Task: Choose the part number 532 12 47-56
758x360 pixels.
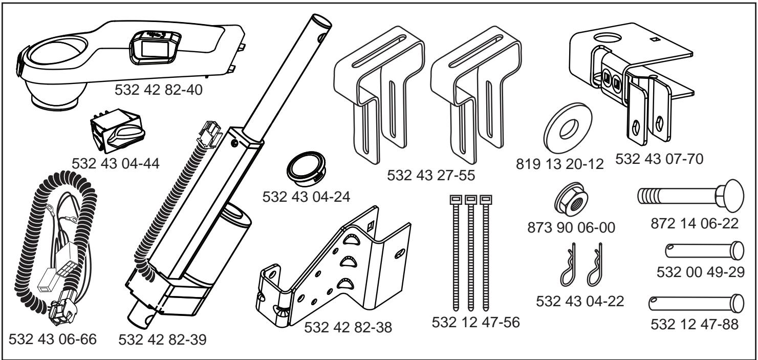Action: click(x=474, y=323)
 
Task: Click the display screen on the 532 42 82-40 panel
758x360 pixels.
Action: click(x=152, y=48)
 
